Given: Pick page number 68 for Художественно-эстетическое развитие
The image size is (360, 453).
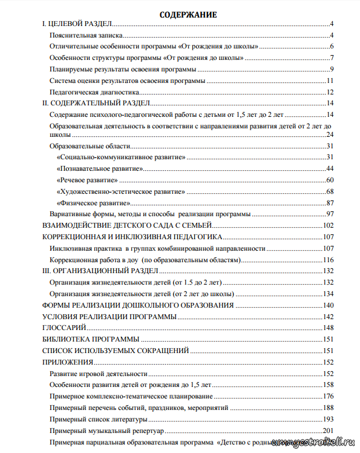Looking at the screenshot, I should point(330,191).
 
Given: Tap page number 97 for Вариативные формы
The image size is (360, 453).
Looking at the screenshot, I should point(330,214).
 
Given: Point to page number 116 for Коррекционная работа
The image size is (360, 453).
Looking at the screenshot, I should point(329,259).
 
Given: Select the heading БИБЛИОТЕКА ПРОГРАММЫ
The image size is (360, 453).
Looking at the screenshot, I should point(91,339).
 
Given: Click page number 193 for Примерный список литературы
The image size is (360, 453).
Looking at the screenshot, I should point(329,418).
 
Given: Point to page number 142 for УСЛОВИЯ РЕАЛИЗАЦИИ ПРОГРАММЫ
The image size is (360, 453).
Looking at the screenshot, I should point(329,316).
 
